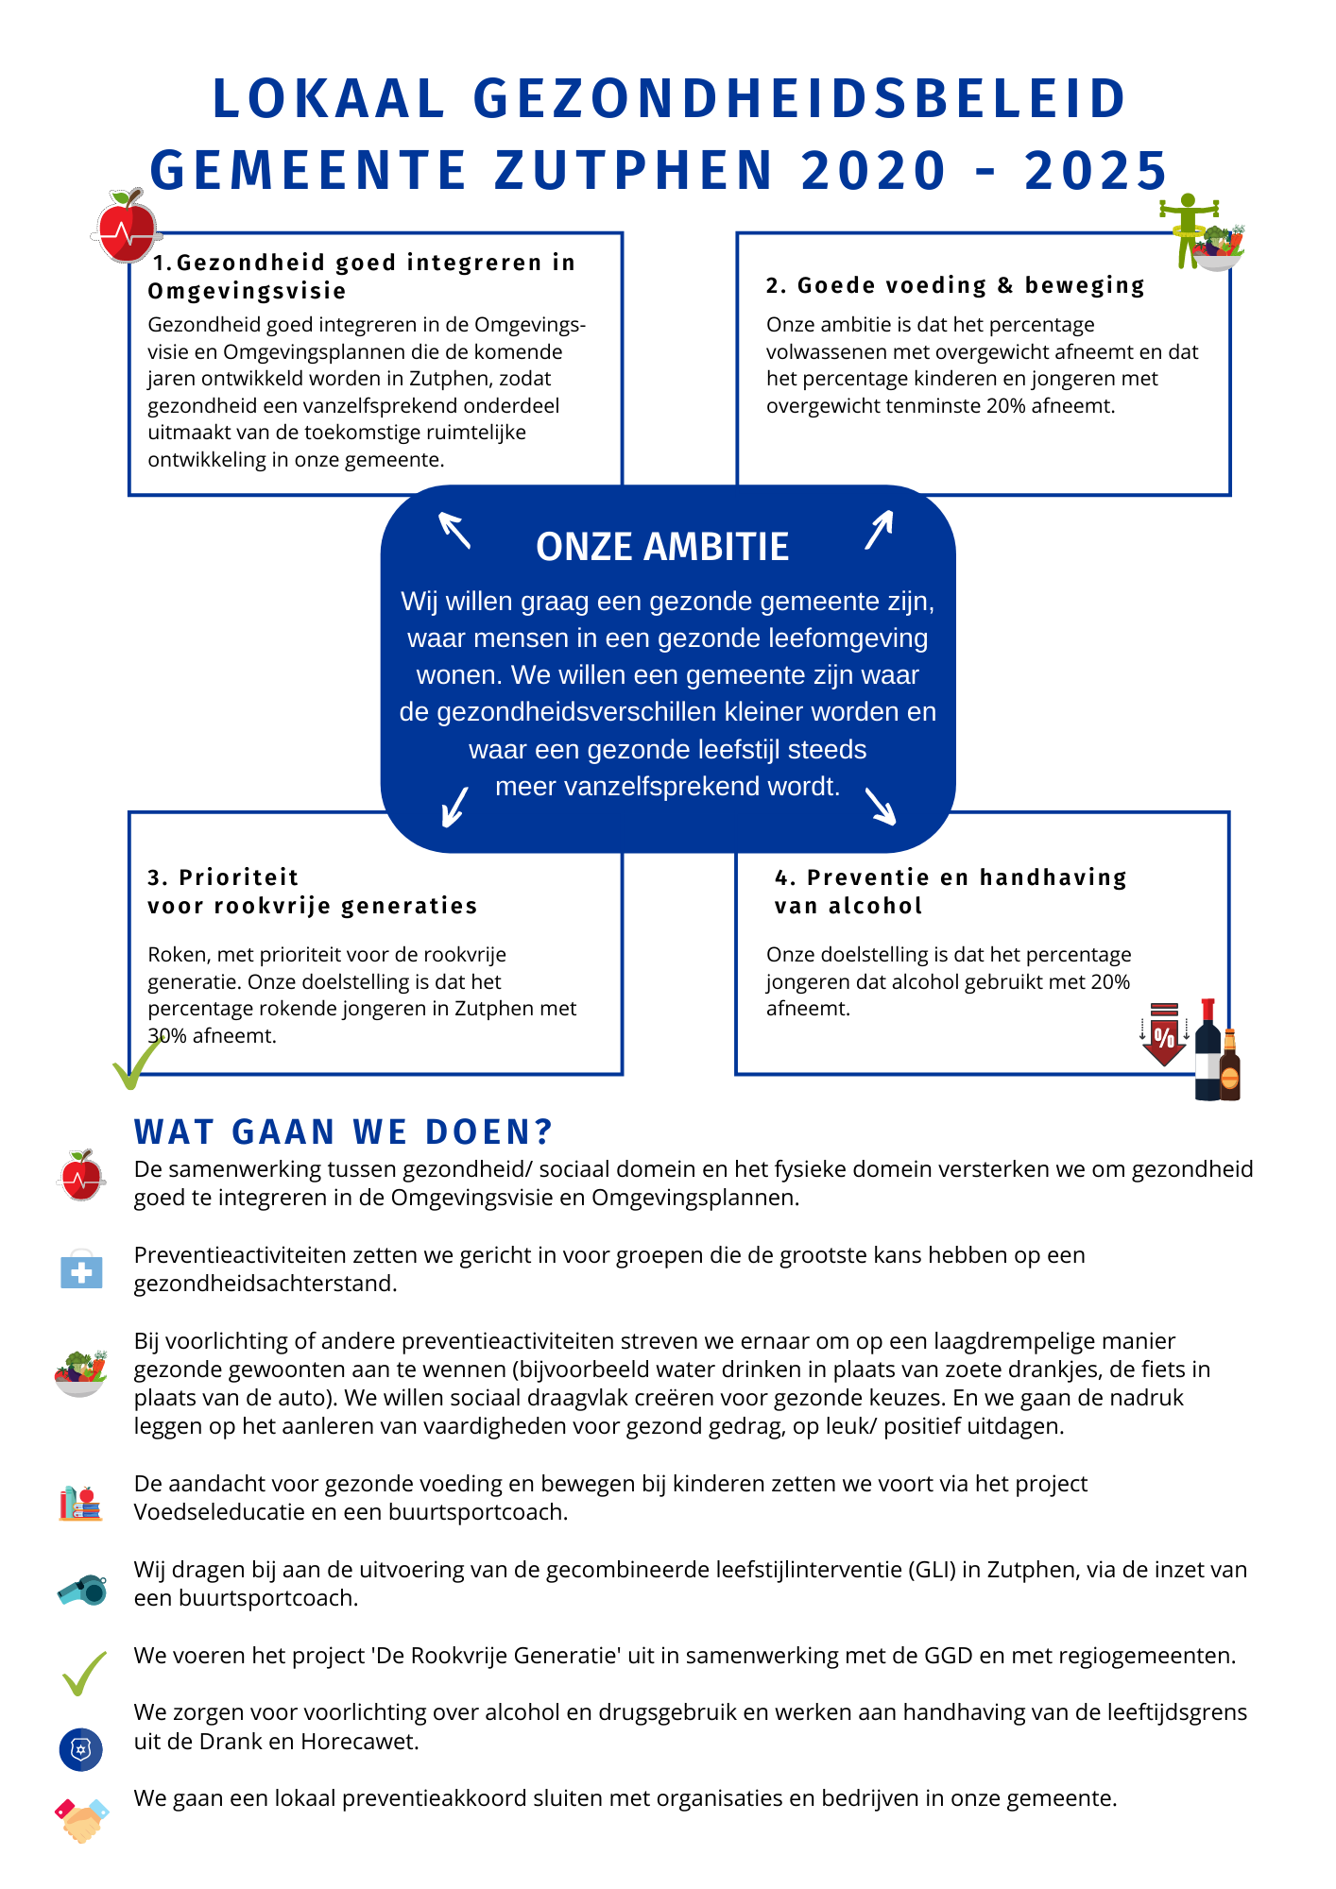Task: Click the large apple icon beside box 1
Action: (127, 227)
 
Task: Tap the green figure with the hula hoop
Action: (1187, 230)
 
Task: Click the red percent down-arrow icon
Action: (1164, 1035)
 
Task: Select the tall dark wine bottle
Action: (1208, 1050)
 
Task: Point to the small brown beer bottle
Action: (1229, 1065)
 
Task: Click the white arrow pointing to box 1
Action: (454, 530)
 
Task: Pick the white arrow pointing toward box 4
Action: (881, 807)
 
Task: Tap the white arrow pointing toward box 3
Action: (455, 807)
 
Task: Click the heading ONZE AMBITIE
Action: (662, 547)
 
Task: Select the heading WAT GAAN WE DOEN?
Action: (343, 1132)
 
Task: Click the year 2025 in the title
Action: (1096, 171)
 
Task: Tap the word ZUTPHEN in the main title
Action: (634, 171)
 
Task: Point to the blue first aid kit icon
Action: (81, 1269)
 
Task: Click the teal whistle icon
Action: (82, 1589)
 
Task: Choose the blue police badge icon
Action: (81, 1749)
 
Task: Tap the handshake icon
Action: (82, 1819)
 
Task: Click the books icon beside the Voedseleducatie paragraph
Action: (80, 1503)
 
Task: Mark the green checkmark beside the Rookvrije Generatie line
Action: (84, 1673)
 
